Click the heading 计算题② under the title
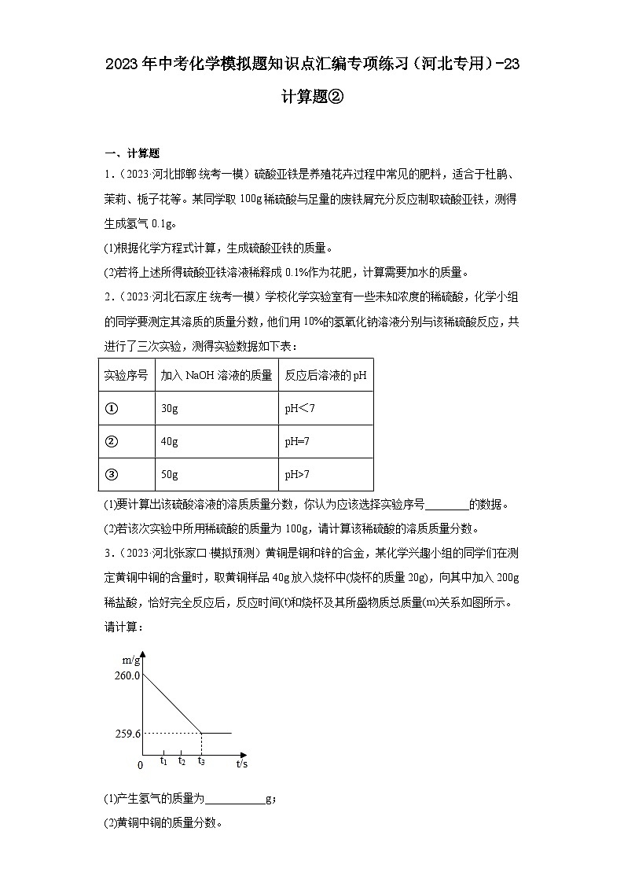[x=312, y=97]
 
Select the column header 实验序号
[x=126, y=376]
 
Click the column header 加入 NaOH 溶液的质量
[x=216, y=376]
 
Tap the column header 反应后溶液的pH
[x=325, y=376]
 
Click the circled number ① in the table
[x=111, y=409]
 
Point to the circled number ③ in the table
[x=111, y=475]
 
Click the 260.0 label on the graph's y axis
[x=127, y=675]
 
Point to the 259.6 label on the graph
[x=127, y=734]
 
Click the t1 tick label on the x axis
[x=163, y=760]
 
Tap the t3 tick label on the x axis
[x=201, y=760]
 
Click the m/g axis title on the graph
[x=131, y=659]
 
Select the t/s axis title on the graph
[x=242, y=763]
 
